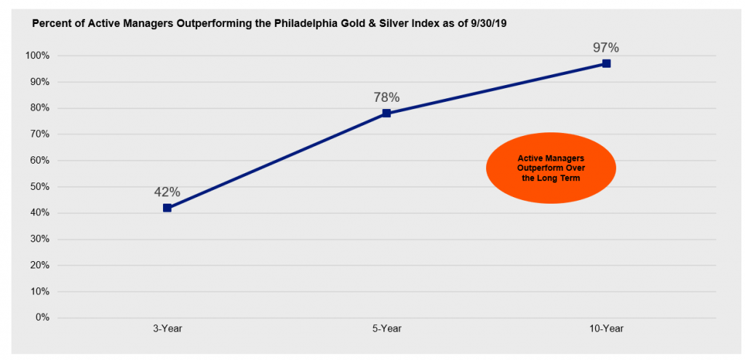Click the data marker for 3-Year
[x=167, y=208]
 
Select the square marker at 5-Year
[x=386, y=113]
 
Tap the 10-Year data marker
[x=606, y=64]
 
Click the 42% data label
[x=167, y=193]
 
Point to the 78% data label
[x=386, y=97]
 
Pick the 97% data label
[x=605, y=48]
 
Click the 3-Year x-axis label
[x=167, y=329]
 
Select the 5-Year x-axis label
[x=386, y=329]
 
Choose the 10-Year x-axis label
[x=606, y=329]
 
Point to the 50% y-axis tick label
[x=39, y=187]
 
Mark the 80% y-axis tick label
[x=39, y=108]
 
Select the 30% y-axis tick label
[x=39, y=239]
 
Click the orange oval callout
[x=550, y=168]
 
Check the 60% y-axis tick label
[x=39, y=161]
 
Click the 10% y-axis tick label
[x=39, y=292]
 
